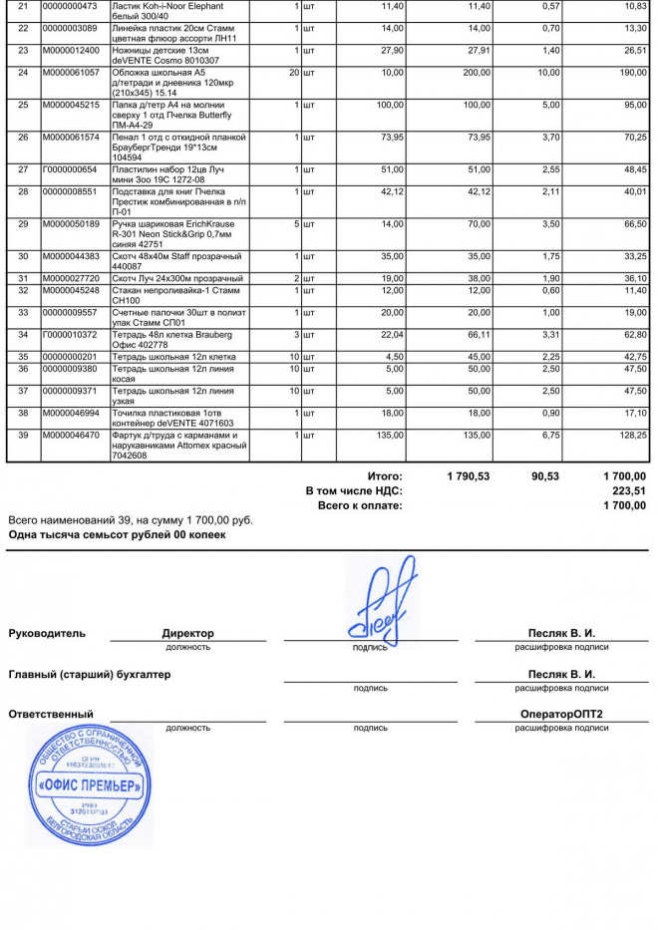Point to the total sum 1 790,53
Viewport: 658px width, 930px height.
(469, 477)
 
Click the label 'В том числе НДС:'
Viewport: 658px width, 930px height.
(354, 491)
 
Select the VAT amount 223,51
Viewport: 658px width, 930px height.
(629, 491)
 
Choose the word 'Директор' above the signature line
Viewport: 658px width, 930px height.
(187, 633)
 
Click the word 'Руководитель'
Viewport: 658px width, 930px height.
(47, 633)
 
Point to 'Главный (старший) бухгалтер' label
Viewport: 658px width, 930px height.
(90, 674)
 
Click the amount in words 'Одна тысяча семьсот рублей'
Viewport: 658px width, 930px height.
(117, 534)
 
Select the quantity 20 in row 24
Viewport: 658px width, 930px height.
(293, 73)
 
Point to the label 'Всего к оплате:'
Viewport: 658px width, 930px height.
(360, 505)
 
